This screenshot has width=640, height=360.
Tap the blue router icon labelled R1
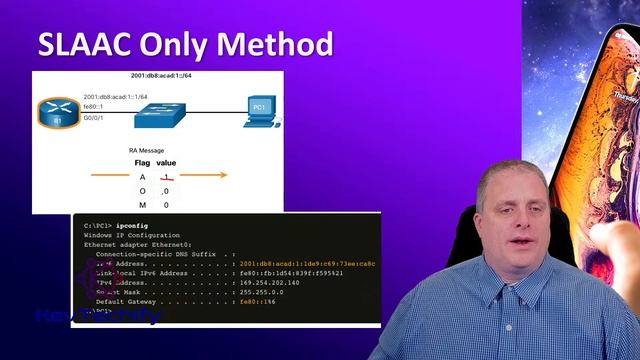click(57, 112)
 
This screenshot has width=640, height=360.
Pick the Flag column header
click(142, 163)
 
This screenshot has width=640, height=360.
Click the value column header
click(166, 163)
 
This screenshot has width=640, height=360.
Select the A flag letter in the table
click(142, 177)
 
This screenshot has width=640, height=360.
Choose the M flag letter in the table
click(142, 205)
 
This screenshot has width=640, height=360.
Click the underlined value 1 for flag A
click(166, 177)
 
